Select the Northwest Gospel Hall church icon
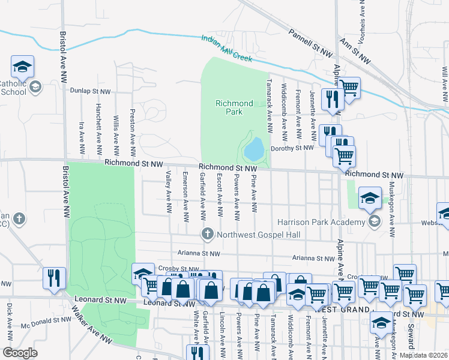click(x=208, y=234)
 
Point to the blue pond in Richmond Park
click(x=255, y=148)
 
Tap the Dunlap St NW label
click(x=91, y=91)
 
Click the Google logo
click(x=20, y=353)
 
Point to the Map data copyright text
click(x=424, y=355)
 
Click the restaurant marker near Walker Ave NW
click(x=55, y=278)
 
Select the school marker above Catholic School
click(x=22, y=66)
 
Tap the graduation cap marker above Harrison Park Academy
click(x=370, y=197)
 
